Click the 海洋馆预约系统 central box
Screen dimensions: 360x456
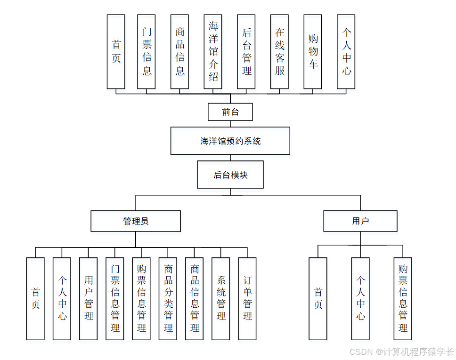pyautogui.click(x=230, y=141)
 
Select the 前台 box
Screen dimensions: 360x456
pyautogui.click(x=230, y=112)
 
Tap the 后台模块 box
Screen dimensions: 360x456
pyautogui.click(x=230, y=175)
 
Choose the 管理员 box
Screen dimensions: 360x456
pyautogui.click(x=136, y=221)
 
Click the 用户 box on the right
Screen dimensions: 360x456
pyautogui.click(x=360, y=221)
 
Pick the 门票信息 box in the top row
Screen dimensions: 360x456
pyautogui.click(x=147, y=52)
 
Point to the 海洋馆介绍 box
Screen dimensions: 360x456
pyautogui.click(x=213, y=52)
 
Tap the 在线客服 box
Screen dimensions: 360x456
pyautogui.click(x=280, y=52)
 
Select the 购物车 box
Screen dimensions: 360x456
pyautogui.click(x=313, y=52)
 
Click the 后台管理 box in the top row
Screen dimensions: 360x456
pyautogui.click(x=246, y=52)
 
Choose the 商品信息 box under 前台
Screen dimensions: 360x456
pyautogui.click(x=179, y=52)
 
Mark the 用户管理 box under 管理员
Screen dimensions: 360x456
pyautogui.click(x=89, y=298)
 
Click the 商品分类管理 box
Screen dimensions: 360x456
pyautogui.click(x=168, y=298)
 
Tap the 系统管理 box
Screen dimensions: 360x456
pyautogui.click(x=221, y=298)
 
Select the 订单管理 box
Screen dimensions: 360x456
pyautogui.click(x=247, y=298)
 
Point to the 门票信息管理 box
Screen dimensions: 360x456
pyautogui.click(x=115, y=298)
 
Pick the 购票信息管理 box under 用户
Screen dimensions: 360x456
pyautogui.click(x=403, y=298)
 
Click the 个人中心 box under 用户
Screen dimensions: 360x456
pyautogui.click(x=360, y=298)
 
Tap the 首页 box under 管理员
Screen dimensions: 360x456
pyautogui.click(x=35, y=298)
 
